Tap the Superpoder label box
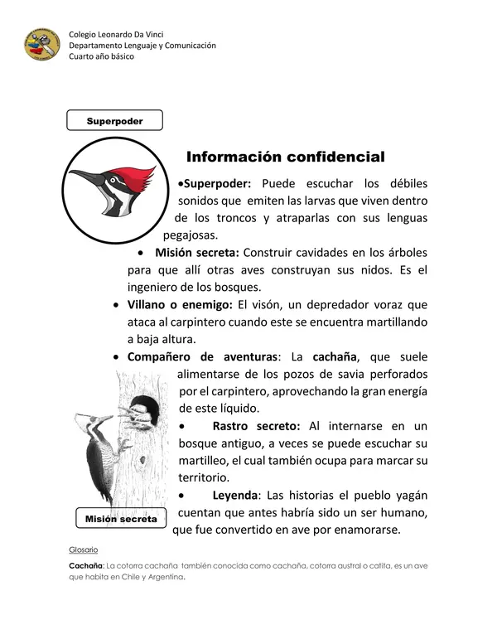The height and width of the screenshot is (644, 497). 114,121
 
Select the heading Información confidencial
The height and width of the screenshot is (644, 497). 286,157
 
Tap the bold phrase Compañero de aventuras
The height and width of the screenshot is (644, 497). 201,356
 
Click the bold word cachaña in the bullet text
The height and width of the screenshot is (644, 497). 333,356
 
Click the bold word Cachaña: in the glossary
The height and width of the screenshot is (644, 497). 85,567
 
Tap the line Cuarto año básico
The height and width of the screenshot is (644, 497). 101,56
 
